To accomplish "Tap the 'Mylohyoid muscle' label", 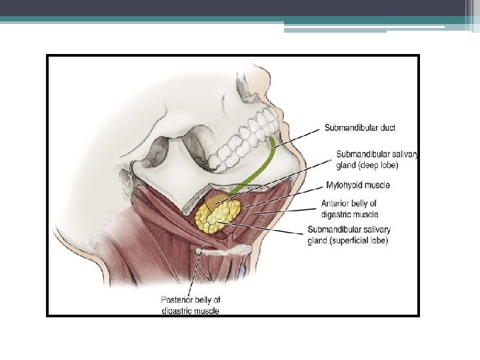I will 358,185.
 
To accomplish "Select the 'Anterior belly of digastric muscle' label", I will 349,209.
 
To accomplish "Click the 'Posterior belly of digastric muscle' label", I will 191,305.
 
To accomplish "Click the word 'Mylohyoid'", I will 343,185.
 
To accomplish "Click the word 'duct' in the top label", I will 386,127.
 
